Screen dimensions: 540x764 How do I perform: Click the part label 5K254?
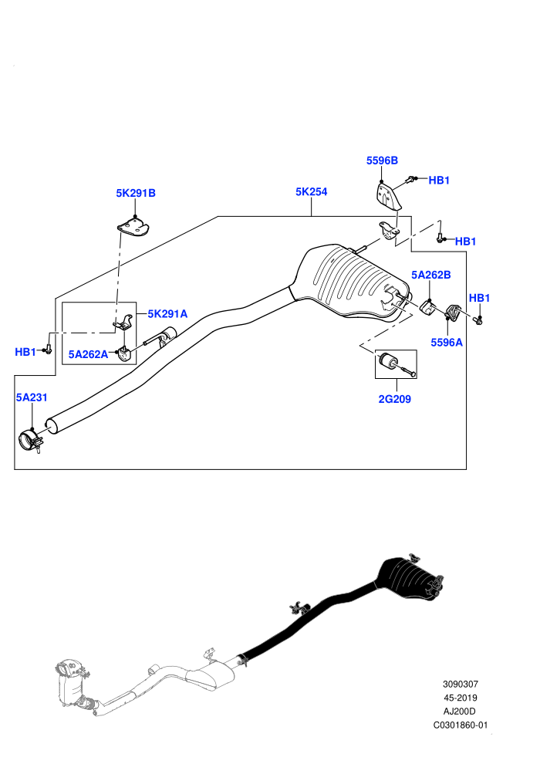[x=311, y=192]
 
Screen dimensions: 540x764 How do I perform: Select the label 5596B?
[x=382, y=161]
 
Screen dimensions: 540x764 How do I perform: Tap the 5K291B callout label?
[x=135, y=193]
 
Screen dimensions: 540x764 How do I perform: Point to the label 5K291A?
[x=167, y=314]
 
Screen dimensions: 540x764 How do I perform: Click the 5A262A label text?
[x=88, y=354]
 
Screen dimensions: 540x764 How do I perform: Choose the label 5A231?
[x=32, y=397]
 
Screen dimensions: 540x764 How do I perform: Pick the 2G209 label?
[x=394, y=399]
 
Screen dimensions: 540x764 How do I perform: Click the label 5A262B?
[x=431, y=275]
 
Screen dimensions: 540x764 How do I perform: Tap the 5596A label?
[x=447, y=343]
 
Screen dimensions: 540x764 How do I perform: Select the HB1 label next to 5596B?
[x=439, y=181]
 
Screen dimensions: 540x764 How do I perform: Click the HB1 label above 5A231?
[x=25, y=352]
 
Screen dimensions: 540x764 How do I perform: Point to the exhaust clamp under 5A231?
[x=31, y=441]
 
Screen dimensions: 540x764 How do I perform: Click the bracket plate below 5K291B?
[x=133, y=227]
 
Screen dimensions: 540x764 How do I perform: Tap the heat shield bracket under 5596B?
[x=388, y=196]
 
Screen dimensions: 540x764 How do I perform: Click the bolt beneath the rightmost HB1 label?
[x=478, y=320]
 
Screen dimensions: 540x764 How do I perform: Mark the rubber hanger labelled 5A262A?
[x=125, y=354]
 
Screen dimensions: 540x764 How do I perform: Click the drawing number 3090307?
[x=460, y=684]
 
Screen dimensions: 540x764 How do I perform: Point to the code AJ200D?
[x=460, y=712]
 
